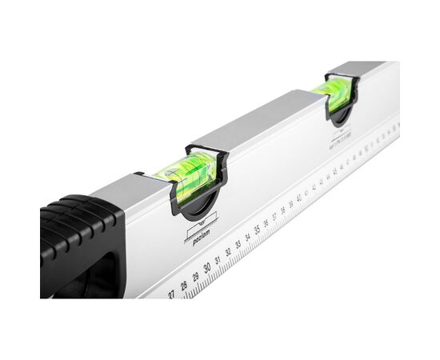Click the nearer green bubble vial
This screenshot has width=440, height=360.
pyautogui.click(x=186, y=174)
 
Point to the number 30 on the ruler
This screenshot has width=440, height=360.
pyautogui.click(x=206, y=268)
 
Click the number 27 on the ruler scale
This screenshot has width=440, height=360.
pyautogui.click(x=171, y=294)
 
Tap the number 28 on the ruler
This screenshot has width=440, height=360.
pyautogui.click(x=183, y=286)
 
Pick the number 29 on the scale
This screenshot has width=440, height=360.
pyautogui.click(x=195, y=277)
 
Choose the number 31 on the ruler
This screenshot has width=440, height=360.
pyautogui.click(x=218, y=261)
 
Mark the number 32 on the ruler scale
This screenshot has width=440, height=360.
pyautogui.click(x=228, y=253)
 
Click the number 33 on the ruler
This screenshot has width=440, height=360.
pyautogui.click(x=238, y=245)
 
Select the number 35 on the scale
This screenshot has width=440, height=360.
pyautogui.click(x=258, y=230)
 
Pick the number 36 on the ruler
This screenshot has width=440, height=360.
pyautogui.click(x=266, y=223)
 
